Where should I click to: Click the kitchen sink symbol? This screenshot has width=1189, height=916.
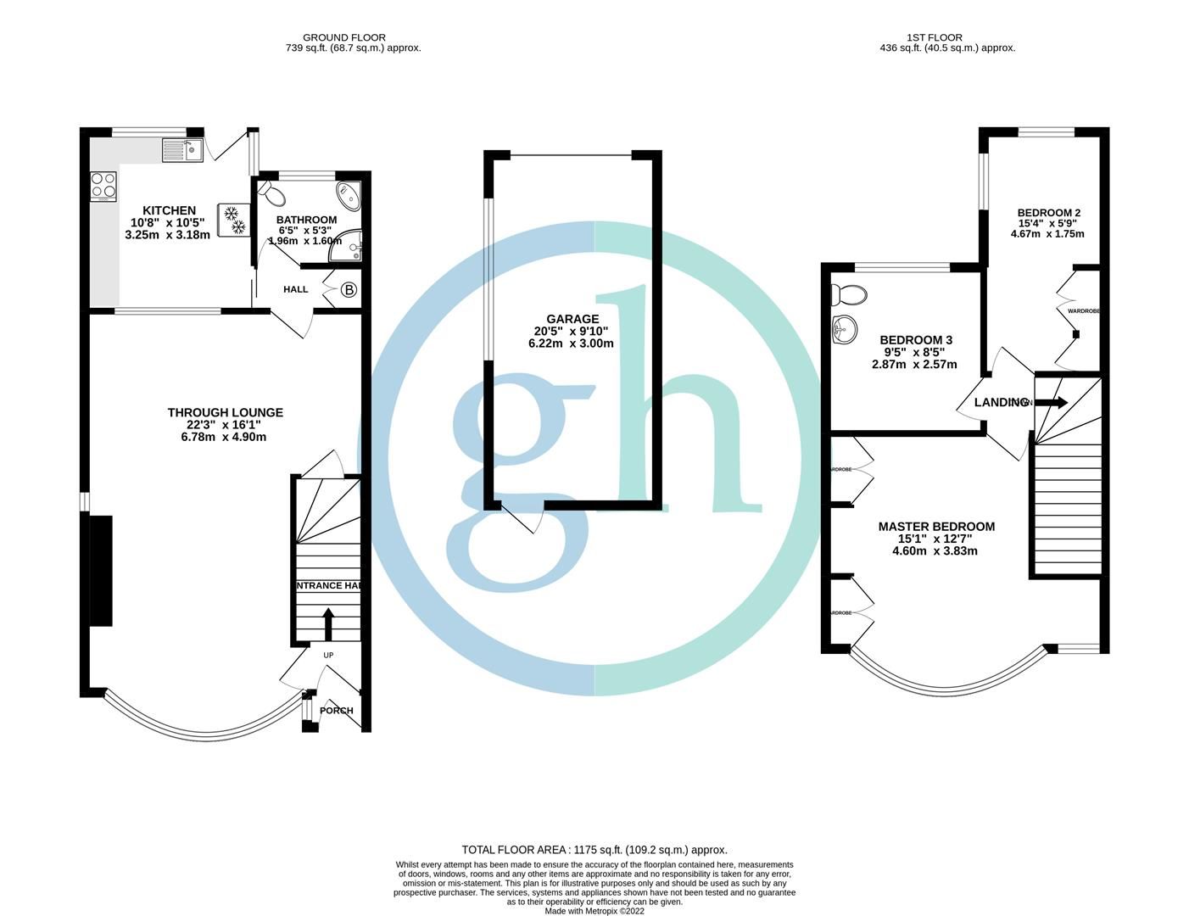(x=182, y=150)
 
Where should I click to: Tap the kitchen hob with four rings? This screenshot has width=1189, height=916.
(x=103, y=187)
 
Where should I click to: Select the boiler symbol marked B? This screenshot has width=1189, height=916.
(x=349, y=290)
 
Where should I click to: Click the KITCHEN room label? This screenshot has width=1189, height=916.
(x=169, y=210)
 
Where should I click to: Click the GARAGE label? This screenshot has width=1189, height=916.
(x=572, y=319)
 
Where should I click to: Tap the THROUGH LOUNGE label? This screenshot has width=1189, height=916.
(x=225, y=412)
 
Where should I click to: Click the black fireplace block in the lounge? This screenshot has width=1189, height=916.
(x=101, y=570)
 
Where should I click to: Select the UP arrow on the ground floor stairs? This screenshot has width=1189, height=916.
(x=328, y=623)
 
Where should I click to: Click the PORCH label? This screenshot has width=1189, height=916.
(x=337, y=711)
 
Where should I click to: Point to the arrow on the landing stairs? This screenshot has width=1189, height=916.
(x=1052, y=403)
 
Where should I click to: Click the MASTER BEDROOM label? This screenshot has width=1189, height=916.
(x=936, y=527)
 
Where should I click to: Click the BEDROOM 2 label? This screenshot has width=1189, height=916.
(x=1049, y=213)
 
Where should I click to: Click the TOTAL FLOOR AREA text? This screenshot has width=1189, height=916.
(x=594, y=849)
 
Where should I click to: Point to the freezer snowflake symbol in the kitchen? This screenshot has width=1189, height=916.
(x=234, y=220)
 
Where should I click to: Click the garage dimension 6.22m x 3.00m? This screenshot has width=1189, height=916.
(x=571, y=343)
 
